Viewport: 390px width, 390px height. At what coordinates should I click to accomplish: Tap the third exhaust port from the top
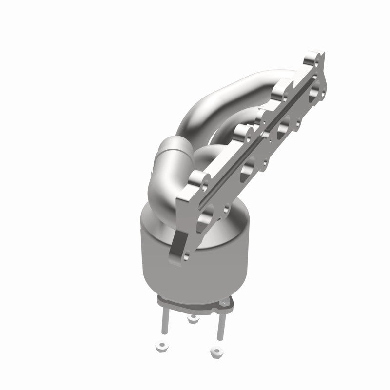tap(248, 169)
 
